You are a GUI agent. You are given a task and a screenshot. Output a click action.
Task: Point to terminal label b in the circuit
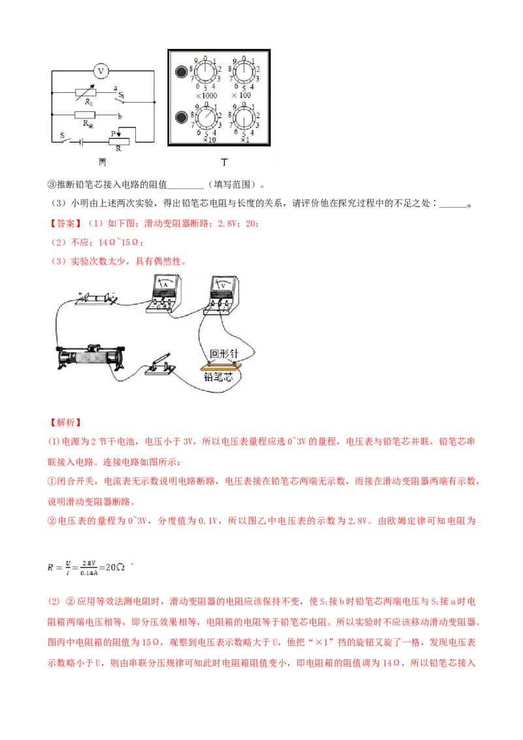119,114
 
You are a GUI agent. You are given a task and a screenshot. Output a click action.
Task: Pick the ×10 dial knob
205,119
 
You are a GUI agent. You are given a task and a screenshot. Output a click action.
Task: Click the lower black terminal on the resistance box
180,118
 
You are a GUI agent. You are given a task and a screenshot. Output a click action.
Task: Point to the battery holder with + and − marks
96,299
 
